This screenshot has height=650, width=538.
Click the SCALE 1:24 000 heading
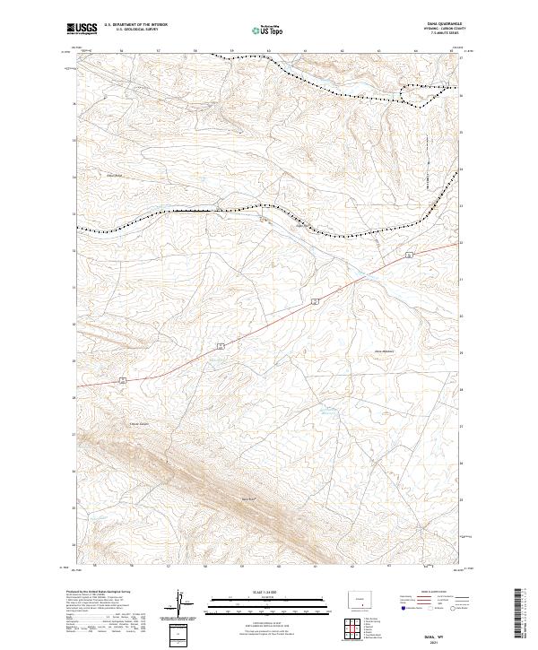click(x=268, y=591)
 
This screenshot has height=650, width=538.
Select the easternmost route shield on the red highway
click(x=408, y=256)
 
